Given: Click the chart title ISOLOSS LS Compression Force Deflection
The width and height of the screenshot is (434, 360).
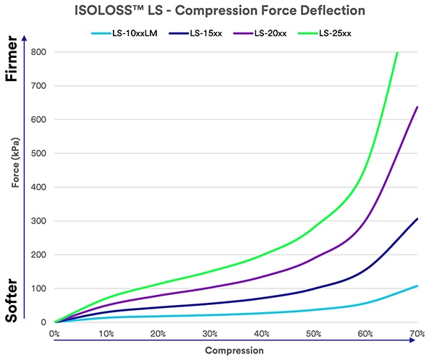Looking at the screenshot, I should pyautogui.click(x=217, y=11).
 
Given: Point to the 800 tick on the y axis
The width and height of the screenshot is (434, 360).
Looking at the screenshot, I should pyautogui.click(x=38, y=52).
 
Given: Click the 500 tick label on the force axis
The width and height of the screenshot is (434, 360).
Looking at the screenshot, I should pyautogui.click(x=38, y=153).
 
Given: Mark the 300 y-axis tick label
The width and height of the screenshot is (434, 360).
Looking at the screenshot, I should pyautogui.click(x=38, y=221).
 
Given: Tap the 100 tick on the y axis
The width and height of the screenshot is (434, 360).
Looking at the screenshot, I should pyautogui.click(x=38, y=288).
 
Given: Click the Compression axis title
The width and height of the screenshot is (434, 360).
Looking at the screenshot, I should pyautogui.click(x=235, y=351).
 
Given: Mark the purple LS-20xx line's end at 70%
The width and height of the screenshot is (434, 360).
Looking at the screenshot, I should pyautogui.click(x=417, y=107).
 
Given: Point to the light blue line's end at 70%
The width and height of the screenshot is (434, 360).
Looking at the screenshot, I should pyautogui.click(x=417, y=286).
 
